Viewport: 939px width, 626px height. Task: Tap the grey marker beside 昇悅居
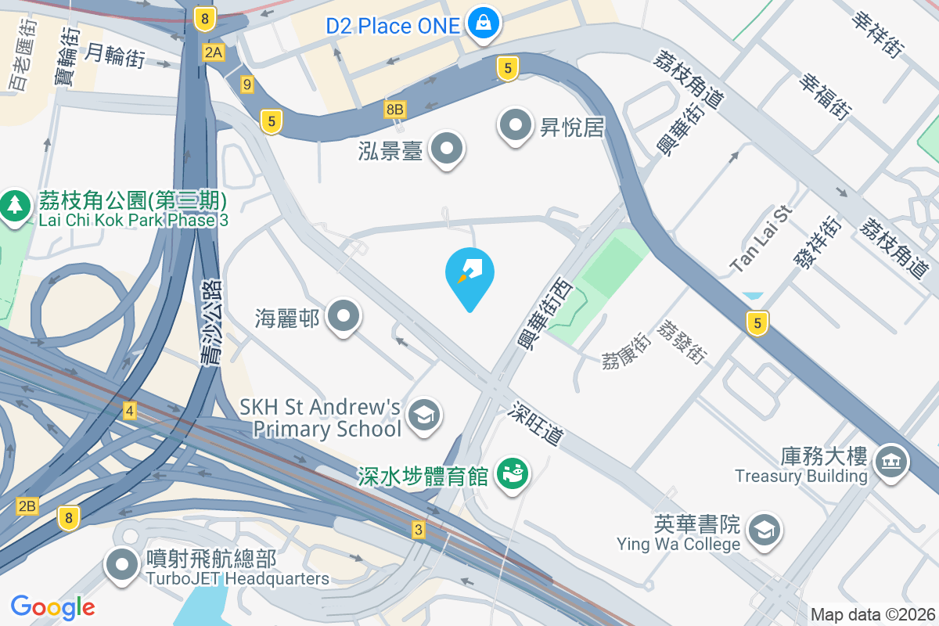point(516,124)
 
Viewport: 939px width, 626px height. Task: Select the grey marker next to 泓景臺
point(448,147)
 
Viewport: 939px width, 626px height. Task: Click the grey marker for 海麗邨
point(343,317)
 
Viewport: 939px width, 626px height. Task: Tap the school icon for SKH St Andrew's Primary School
point(424,413)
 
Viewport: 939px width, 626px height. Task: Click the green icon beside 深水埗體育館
point(513,473)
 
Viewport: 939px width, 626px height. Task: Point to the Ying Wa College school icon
point(763,531)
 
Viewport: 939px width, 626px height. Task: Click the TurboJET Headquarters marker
point(122,565)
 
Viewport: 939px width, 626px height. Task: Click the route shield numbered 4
point(130,410)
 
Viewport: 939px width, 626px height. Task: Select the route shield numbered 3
point(419,531)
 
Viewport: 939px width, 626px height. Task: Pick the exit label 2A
point(213,52)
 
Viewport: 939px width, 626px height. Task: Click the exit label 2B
point(27,506)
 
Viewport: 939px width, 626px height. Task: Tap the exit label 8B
point(395,110)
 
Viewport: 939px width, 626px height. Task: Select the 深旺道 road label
point(537,423)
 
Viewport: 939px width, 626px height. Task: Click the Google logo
point(52,606)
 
